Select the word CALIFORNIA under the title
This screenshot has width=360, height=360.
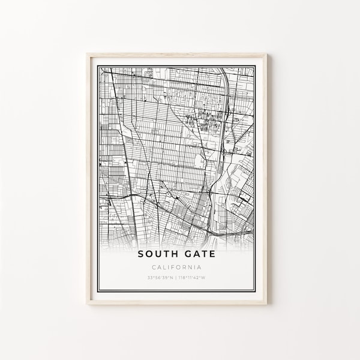[176, 267]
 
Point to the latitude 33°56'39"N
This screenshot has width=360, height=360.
[160, 277]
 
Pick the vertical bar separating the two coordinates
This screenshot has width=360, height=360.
[176, 277]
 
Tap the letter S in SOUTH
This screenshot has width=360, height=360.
[140, 254]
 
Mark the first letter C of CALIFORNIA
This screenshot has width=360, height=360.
[155, 267]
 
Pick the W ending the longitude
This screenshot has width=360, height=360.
[205, 277]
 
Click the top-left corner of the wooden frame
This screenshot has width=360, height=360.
[87, 54]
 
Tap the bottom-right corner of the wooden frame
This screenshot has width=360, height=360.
[266, 303]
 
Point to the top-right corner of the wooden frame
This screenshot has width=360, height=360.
[266, 54]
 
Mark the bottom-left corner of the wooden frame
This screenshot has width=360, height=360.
[87, 303]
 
